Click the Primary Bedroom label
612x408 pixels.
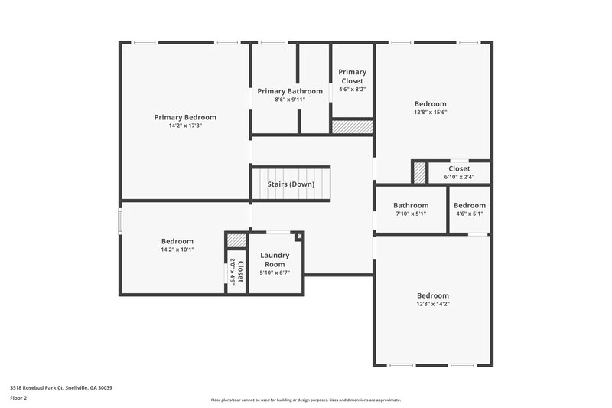click(x=185, y=117)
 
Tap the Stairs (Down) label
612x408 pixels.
click(x=291, y=184)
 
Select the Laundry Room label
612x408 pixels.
click(x=275, y=259)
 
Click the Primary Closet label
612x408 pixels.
click(x=353, y=76)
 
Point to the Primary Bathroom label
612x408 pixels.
click(x=290, y=91)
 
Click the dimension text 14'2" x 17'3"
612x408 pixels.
click(x=185, y=126)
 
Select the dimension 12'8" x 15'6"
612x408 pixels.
click(x=431, y=112)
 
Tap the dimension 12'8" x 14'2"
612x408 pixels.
click(x=433, y=304)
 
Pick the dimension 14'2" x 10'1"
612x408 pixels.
click(x=177, y=250)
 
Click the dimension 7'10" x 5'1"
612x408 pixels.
click(x=411, y=214)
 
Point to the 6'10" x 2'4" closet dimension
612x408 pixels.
click(x=460, y=177)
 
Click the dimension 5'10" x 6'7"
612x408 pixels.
click(x=275, y=272)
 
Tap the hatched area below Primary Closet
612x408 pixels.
click(x=352, y=127)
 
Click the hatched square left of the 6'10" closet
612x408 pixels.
click(x=419, y=172)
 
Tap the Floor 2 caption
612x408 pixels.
click(x=18, y=398)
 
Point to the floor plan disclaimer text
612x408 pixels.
click(x=305, y=400)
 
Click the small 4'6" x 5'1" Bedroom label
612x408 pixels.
click(x=470, y=205)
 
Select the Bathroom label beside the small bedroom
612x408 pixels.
click(x=411, y=205)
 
